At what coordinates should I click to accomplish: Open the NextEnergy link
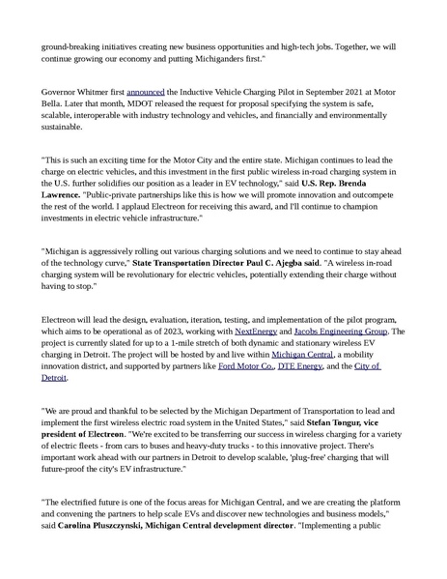coord(255,331)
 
